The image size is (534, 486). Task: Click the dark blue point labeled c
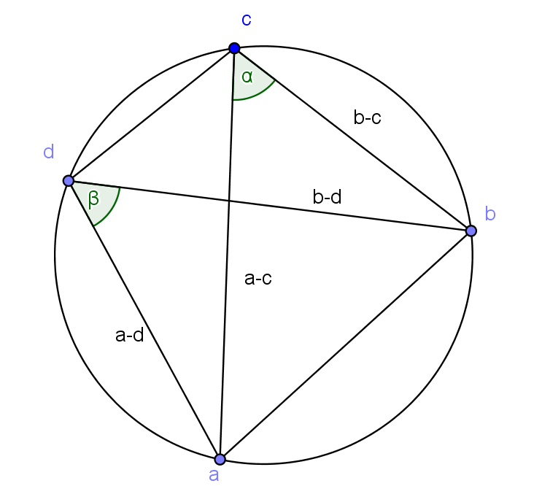click(x=234, y=48)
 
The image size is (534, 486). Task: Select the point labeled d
click(x=69, y=181)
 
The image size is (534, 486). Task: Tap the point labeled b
click(x=471, y=231)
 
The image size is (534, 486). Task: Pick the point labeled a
click(x=220, y=460)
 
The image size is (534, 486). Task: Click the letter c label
click(x=247, y=20)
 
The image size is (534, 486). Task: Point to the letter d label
click(x=49, y=152)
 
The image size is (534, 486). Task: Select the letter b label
click(x=490, y=214)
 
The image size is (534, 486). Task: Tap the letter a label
click(x=214, y=476)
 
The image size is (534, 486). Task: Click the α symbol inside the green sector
click(x=247, y=76)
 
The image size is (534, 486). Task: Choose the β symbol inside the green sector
click(x=93, y=198)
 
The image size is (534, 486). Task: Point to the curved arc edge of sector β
click(x=113, y=212)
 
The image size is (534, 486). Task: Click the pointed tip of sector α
click(x=235, y=52)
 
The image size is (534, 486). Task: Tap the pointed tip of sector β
click(x=72, y=182)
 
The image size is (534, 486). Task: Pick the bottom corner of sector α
click(x=233, y=101)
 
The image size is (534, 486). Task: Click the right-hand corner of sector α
click(x=276, y=80)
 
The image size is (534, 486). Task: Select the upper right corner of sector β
click(x=121, y=188)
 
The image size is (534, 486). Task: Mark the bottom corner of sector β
click(x=95, y=226)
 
